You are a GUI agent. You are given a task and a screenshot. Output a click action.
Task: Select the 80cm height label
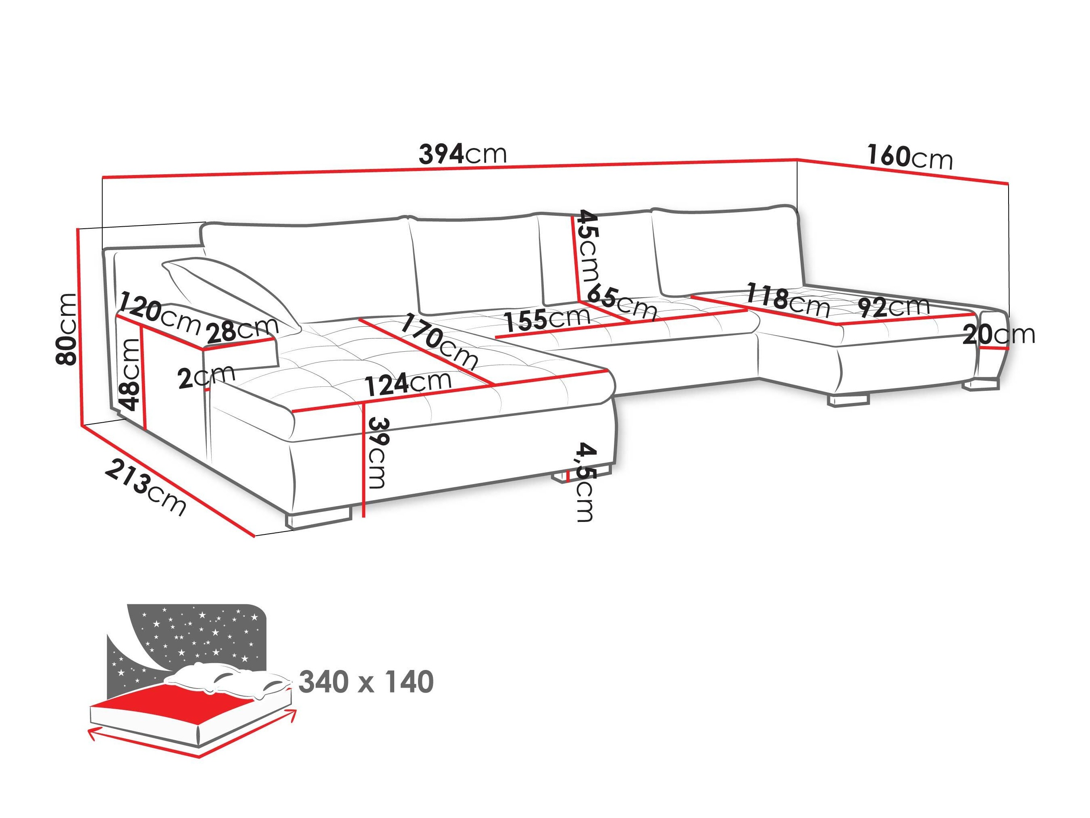pos(67,329)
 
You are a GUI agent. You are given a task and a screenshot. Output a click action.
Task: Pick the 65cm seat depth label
pos(622,302)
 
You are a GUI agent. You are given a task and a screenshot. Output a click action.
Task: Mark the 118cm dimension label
pos(787,300)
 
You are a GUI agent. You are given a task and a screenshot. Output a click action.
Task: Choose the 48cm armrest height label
pos(131,375)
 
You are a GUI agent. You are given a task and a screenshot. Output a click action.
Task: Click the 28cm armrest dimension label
pos(242,330)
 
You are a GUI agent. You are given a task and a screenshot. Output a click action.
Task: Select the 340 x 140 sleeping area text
pos(366,682)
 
